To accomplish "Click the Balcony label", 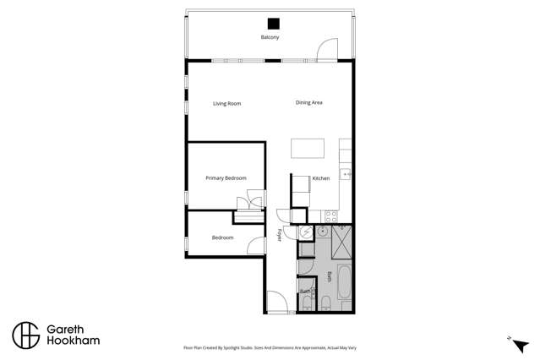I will [x=270, y=37].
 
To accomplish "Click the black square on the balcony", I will [x=273, y=24].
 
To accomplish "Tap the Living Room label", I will [x=226, y=104].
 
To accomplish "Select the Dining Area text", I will [x=308, y=103].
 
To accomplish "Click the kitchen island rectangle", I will [x=308, y=149].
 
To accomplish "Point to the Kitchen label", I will [x=320, y=178].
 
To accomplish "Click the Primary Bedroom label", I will [x=226, y=178].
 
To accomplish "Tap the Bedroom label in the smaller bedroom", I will [x=222, y=237].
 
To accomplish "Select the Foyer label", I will [x=280, y=235].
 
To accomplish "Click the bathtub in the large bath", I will [x=345, y=281].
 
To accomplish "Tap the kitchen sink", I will [x=346, y=174].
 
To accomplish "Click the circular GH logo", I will [x=25, y=335].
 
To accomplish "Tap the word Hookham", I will [x=73, y=341].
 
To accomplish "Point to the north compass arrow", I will [x=520, y=344].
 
